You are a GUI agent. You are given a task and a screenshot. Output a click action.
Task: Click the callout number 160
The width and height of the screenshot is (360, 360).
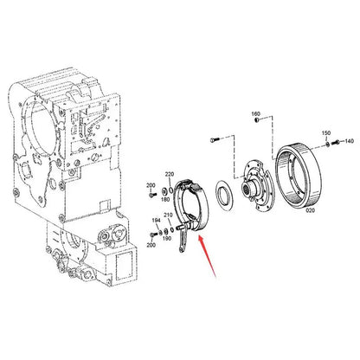(x=255, y=114)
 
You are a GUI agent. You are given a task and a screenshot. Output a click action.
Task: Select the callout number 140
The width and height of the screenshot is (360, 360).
(x=348, y=140)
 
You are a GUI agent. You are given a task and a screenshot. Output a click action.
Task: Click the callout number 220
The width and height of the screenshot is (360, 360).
(x=170, y=175)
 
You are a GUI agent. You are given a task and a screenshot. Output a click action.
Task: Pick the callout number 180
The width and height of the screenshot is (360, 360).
(x=165, y=199)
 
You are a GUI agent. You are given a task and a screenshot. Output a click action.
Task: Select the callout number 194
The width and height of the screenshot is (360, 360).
(x=156, y=222)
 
